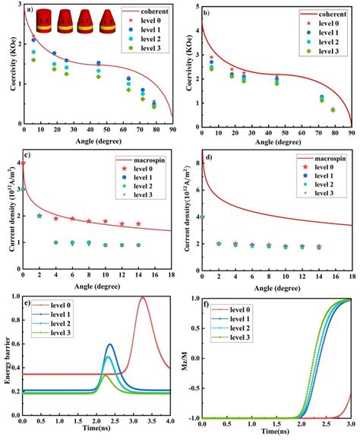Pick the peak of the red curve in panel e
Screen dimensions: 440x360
(x=143, y=298)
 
